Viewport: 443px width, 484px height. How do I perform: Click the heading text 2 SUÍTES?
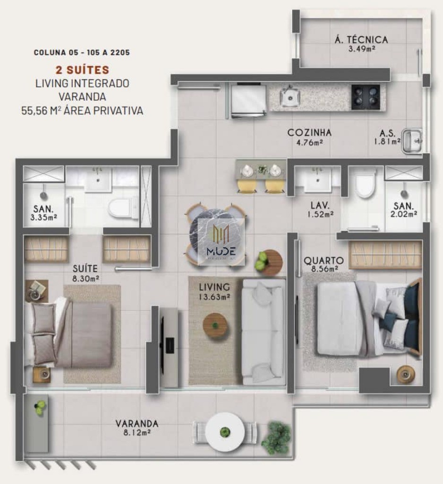tap(82, 70)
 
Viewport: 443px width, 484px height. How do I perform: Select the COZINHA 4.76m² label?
tap(309, 137)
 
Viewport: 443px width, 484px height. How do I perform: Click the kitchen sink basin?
tap(289, 96)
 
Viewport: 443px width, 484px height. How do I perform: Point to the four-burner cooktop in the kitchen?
tap(365, 97)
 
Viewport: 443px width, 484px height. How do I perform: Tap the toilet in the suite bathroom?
tap(122, 208)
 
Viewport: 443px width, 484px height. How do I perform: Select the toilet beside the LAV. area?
tap(365, 185)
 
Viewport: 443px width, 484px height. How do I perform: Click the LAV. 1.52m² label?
tap(320, 209)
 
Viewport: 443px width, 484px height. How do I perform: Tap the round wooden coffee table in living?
tap(216, 325)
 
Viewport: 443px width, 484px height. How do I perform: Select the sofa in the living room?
tap(264, 331)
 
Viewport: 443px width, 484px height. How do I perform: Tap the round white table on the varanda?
tap(225, 432)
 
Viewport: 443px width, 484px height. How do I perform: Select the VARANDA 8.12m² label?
tap(137, 427)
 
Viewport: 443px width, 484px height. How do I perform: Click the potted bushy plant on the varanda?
tap(276, 437)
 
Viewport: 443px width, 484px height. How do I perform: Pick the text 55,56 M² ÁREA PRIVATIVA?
tap(82, 111)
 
